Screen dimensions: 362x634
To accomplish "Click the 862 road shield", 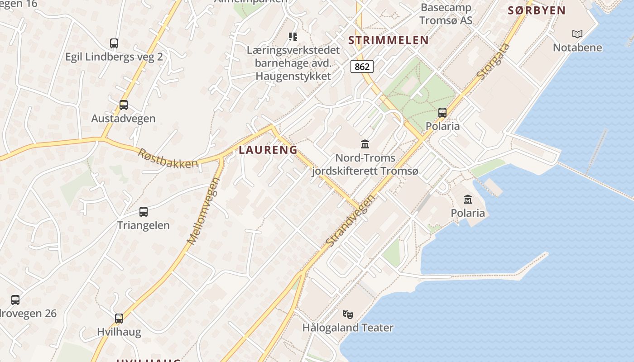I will (x=362, y=67).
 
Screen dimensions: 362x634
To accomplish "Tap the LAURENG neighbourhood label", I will (x=268, y=150).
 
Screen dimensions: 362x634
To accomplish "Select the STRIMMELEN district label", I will (x=389, y=40).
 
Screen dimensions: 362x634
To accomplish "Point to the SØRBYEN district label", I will (x=537, y=11).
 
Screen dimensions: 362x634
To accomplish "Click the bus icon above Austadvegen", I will (x=124, y=105).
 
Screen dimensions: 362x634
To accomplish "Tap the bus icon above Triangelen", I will (x=144, y=211).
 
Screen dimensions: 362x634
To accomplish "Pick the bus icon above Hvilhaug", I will (x=119, y=318).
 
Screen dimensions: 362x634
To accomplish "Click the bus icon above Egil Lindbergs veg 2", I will (x=114, y=43).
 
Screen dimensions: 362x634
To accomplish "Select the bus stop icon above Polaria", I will (x=442, y=112).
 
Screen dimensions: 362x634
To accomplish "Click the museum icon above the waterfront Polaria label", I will (x=468, y=199).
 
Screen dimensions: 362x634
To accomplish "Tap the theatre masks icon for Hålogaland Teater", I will (x=347, y=314).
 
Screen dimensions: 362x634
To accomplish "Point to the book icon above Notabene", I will (x=577, y=34).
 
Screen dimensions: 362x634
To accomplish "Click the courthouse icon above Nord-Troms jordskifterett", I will (x=365, y=144).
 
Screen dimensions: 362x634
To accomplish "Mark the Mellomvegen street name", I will (x=203, y=211).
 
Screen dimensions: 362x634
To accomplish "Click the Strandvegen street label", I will (x=351, y=221).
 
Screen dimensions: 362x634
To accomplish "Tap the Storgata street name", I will (x=494, y=62).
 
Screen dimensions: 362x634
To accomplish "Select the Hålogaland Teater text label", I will (x=348, y=328).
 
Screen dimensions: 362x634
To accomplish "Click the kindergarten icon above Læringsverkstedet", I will (x=293, y=36).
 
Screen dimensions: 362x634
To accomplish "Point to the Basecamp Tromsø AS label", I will (x=446, y=14).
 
